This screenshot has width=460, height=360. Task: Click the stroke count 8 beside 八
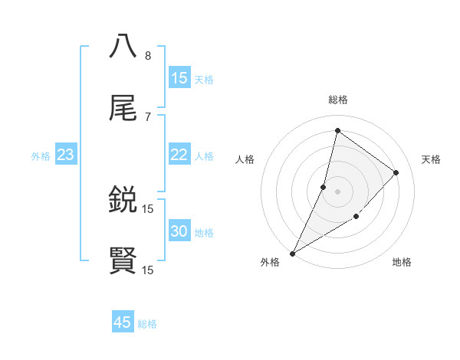pyautogui.click(x=148, y=55)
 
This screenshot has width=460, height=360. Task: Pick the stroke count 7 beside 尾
pyautogui.click(x=148, y=116)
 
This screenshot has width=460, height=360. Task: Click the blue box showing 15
pyautogui.click(x=179, y=78)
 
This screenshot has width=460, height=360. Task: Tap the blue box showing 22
pyautogui.click(x=179, y=155)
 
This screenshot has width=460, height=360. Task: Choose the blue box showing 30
pyautogui.click(x=179, y=231)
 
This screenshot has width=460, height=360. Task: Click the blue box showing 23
pyautogui.click(x=66, y=155)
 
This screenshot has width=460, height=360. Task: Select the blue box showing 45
pyautogui.click(x=123, y=322)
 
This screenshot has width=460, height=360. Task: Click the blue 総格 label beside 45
pyautogui.click(x=147, y=324)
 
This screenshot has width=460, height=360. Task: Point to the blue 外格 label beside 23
pyautogui.click(x=41, y=156)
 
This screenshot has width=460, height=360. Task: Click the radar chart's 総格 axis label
pyautogui.click(x=337, y=100)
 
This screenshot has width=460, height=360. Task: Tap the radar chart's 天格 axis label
pyautogui.click(x=431, y=159)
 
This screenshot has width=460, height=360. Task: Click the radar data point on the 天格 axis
pyautogui.click(x=396, y=172)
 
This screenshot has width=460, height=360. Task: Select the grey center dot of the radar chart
pyautogui.click(x=337, y=191)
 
